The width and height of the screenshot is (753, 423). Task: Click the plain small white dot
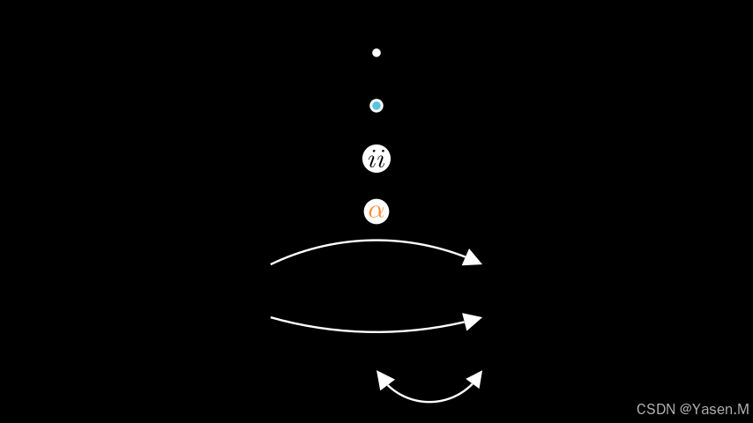(376, 53)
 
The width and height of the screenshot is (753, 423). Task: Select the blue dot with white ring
(376, 106)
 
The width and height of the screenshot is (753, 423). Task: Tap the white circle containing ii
(376, 159)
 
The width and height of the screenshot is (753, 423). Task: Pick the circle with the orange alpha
(376, 211)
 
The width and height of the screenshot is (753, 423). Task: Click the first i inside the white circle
(372, 160)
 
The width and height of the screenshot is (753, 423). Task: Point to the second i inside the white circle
(381, 160)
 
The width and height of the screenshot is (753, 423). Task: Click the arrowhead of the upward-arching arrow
(473, 258)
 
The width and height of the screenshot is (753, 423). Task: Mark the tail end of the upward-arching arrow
(272, 263)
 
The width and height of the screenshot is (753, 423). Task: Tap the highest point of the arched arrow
(376, 241)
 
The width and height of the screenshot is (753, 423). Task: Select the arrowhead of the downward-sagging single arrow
(473, 321)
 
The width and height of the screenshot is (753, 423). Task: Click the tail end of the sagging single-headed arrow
(272, 317)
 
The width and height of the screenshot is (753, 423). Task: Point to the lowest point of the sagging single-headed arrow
(376, 331)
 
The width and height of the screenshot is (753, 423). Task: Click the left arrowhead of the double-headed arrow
(384, 378)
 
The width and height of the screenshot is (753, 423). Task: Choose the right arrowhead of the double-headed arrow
(475, 378)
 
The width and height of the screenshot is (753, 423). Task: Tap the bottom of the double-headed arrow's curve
(429, 402)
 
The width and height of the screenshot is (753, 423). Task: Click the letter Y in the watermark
(697, 410)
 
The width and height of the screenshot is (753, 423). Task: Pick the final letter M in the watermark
(742, 410)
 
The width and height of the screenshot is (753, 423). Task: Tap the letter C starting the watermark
(641, 410)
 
